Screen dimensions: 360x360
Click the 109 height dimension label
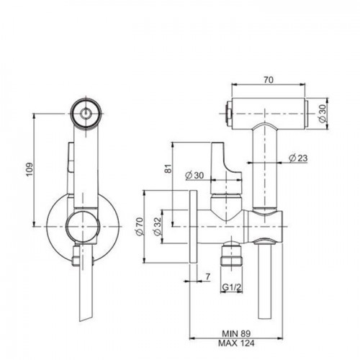(30, 169)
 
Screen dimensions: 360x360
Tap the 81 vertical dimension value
(168, 168)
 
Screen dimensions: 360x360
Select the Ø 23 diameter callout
(298, 158)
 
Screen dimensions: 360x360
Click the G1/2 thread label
(231, 287)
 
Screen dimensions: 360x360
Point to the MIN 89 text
(236, 333)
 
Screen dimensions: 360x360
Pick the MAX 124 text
(236, 343)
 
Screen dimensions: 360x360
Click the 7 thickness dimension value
(207, 276)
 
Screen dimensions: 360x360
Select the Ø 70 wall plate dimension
(140, 226)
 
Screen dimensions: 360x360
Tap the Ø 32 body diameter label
(157, 227)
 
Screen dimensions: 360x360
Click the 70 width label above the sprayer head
(269, 80)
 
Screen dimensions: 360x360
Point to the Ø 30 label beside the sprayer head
(323, 113)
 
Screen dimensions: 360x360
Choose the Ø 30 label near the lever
(194, 176)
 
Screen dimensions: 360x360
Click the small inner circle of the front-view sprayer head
(86, 113)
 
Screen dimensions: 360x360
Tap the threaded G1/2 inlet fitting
(231, 254)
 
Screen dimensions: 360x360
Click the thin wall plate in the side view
(193, 227)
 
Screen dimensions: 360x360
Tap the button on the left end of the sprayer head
(228, 113)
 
